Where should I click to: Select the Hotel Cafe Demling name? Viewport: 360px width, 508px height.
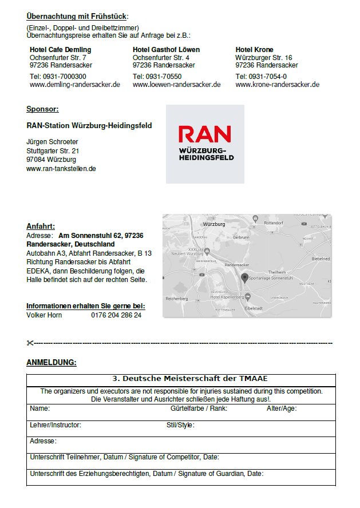60,50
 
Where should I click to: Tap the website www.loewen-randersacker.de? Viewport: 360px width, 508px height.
176,85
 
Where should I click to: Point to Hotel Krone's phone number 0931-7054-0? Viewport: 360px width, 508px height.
261,77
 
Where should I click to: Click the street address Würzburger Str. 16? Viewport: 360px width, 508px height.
264,58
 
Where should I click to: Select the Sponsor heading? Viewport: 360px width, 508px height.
42,109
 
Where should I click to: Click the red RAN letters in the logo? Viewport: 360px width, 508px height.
204,134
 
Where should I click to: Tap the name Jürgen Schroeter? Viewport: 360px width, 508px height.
52,142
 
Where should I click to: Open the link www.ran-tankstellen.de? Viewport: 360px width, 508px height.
61,169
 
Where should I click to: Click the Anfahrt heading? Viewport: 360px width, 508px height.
41,227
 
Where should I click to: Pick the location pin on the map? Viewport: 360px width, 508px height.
245,278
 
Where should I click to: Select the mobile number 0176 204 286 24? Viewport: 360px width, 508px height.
116,315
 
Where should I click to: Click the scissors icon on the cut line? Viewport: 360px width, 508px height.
30,343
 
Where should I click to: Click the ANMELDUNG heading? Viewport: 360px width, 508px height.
52,363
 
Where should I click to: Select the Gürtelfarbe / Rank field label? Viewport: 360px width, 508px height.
199,408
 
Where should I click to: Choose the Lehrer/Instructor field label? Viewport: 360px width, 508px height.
56,425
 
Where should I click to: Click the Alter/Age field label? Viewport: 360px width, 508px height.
281,408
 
